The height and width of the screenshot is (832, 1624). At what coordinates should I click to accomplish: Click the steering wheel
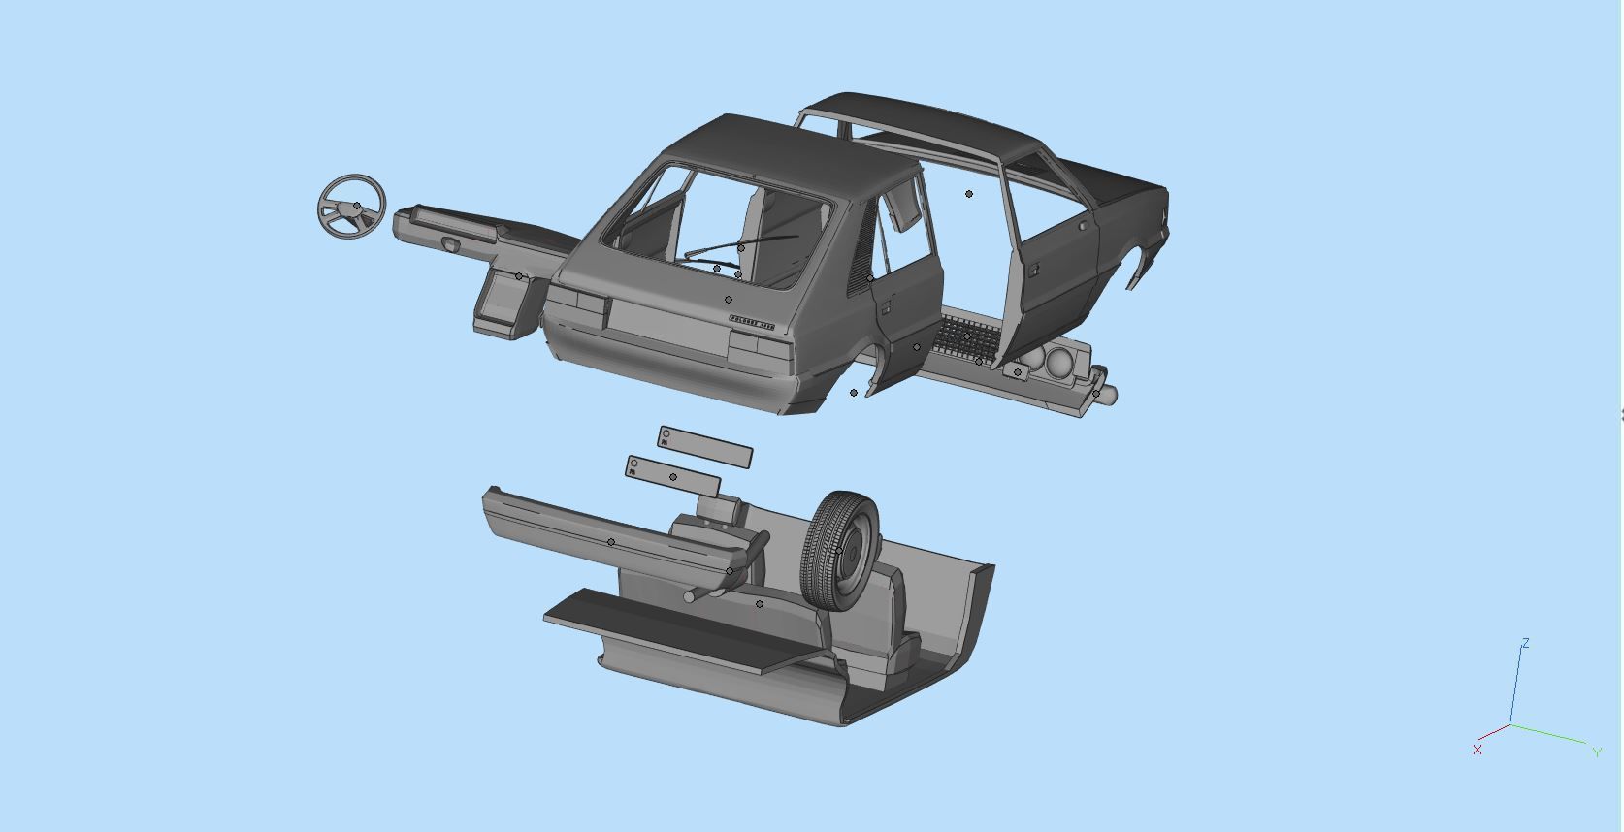pyautogui.click(x=351, y=207)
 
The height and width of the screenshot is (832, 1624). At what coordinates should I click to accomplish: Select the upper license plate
pyautogui.click(x=705, y=447)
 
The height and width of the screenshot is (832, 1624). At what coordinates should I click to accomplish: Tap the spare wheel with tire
pyautogui.click(x=841, y=551)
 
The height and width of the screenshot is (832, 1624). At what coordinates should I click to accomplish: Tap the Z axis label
pyautogui.click(x=1526, y=643)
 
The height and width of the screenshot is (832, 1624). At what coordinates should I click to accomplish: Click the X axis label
pyautogui.click(x=1477, y=750)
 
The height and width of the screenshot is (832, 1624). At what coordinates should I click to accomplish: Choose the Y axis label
pyautogui.click(x=1597, y=752)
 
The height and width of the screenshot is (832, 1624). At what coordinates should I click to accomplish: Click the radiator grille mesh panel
pyautogui.click(x=966, y=336)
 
